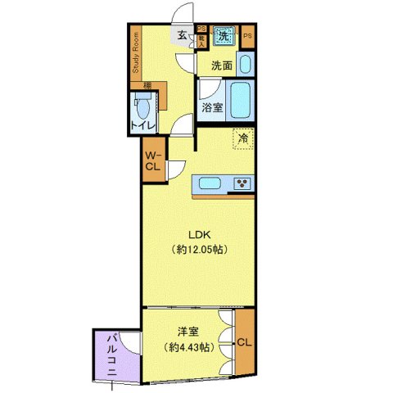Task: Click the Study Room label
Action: [x=135, y=54]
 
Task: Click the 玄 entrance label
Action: [x=180, y=34]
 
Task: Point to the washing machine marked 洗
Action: [x=222, y=36]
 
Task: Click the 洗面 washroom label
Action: [x=221, y=65]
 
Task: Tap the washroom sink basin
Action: [x=248, y=65]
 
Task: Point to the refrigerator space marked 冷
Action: [x=242, y=139]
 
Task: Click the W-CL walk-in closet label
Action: [x=153, y=160]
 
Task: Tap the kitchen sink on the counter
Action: [x=209, y=183]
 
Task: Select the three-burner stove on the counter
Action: [x=243, y=183]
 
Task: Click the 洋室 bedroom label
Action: [x=187, y=332]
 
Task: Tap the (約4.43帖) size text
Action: [x=187, y=347]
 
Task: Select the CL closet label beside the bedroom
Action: [x=242, y=342]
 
